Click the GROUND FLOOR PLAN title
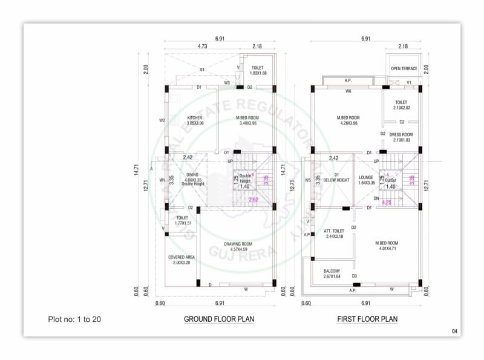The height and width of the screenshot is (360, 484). [219, 319]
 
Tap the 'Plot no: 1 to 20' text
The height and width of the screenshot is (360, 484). [74, 319]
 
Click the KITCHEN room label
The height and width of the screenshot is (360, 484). [194, 120]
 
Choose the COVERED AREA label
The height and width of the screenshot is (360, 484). [181, 260]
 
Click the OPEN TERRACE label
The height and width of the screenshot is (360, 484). [404, 68]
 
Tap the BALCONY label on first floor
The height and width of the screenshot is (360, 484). [331, 273]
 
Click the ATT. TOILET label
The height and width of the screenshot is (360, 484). [333, 234]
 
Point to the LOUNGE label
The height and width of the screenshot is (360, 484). [367, 180]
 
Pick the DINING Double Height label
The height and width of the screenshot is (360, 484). [193, 179]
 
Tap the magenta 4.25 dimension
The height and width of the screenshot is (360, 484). [387, 203]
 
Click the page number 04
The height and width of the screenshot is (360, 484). [454, 331]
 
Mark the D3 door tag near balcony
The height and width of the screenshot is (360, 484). [355, 276]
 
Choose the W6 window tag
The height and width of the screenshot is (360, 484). [348, 91]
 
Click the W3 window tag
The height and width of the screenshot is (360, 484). [227, 82]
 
